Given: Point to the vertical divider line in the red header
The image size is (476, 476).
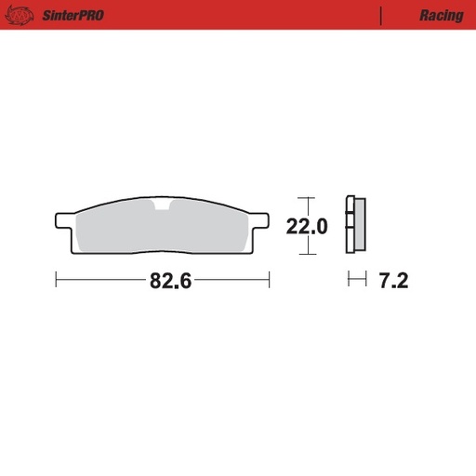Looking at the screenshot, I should [x=381, y=16].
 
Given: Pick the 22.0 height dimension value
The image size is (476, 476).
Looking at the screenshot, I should [x=307, y=225].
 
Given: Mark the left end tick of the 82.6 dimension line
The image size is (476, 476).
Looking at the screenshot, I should [x=57, y=280].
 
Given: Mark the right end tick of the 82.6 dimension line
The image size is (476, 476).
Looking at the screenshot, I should [x=269, y=280].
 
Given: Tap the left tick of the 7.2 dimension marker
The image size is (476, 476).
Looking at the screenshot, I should [x=349, y=280].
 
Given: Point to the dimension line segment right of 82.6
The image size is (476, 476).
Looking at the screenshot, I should [x=232, y=280].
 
